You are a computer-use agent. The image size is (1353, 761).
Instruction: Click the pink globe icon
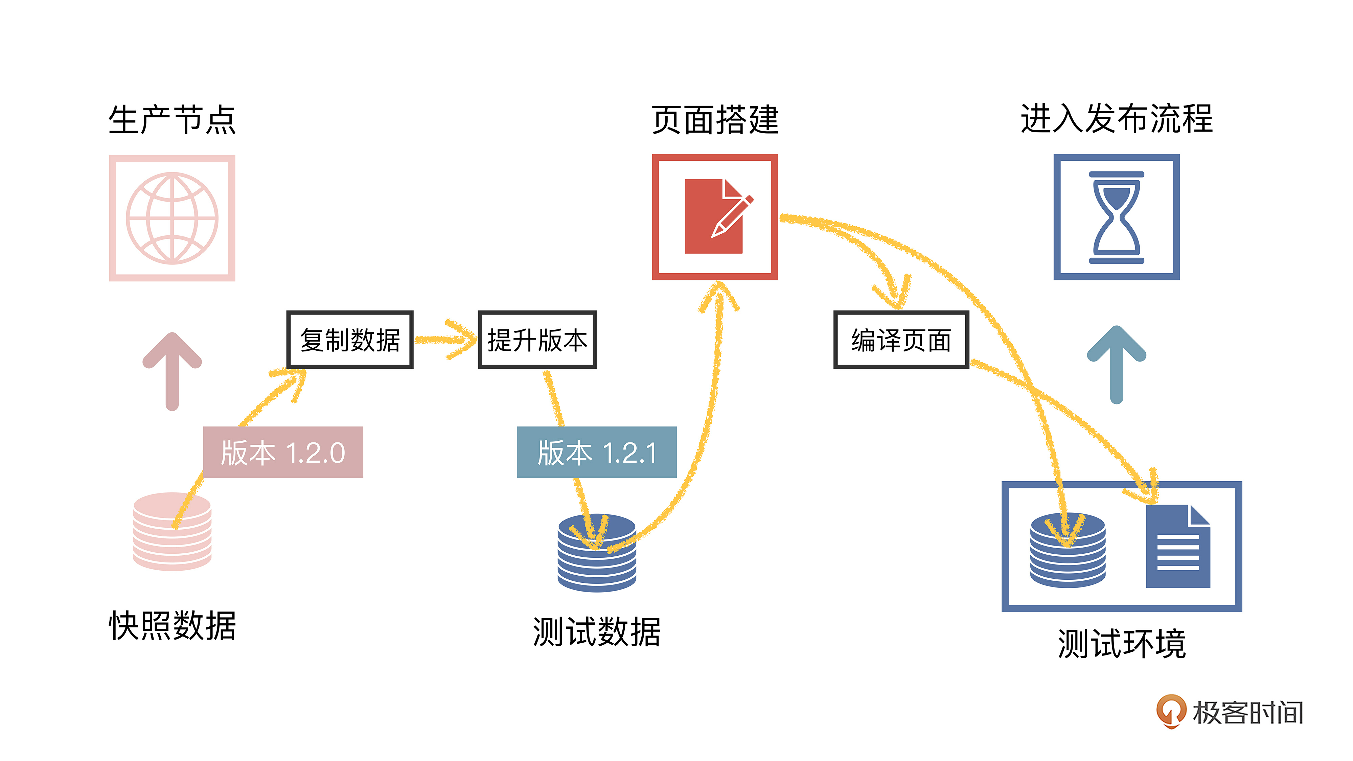pyautogui.click(x=172, y=218)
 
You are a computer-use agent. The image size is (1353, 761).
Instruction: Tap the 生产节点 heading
pyautogui.click(x=172, y=120)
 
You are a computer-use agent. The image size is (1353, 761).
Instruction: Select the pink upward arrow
pyautogui.click(x=172, y=371)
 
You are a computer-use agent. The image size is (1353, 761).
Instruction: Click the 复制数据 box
pyautogui.click(x=350, y=340)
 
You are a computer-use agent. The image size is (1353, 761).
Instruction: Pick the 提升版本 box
pyautogui.click(x=537, y=340)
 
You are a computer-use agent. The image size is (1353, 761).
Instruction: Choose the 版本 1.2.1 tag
pyautogui.click(x=597, y=452)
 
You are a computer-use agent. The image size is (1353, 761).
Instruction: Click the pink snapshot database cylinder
pyautogui.click(x=172, y=531)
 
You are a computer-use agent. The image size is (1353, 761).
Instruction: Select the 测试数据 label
pyautogui.click(x=597, y=632)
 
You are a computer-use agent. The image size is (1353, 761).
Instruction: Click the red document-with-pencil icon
pyautogui.click(x=715, y=217)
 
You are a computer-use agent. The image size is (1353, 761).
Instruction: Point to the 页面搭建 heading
pyautogui.click(x=715, y=120)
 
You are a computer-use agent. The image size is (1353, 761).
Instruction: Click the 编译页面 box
pyautogui.click(x=901, y=340)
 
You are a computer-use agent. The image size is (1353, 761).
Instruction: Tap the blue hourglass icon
pyautogui.click(x=1116, y=217)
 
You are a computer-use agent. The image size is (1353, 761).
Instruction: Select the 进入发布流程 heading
pyautogui.click(x=1116, y=119)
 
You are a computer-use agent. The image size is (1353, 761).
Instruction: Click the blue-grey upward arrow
pyautogui.click(x=1116, y=365)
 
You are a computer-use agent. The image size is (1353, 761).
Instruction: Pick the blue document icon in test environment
pyautogui.click(x=1177, y=546)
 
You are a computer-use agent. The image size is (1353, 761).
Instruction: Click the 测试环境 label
pyautogui.click(x=1121, y=643)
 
